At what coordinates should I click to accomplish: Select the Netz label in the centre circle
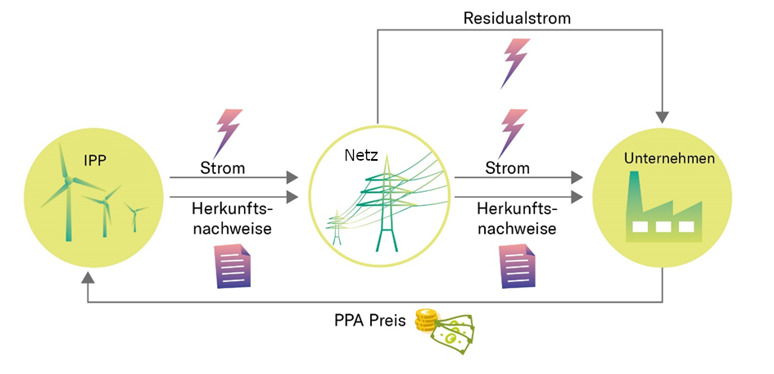point(360,154)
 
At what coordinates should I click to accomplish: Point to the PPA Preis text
point(369,321)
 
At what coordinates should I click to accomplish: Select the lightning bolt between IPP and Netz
point(227,133)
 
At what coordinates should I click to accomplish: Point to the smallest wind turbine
point(134,218)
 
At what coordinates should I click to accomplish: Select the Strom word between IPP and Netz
point(223,168)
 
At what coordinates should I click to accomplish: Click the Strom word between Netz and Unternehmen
point(508,168)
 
